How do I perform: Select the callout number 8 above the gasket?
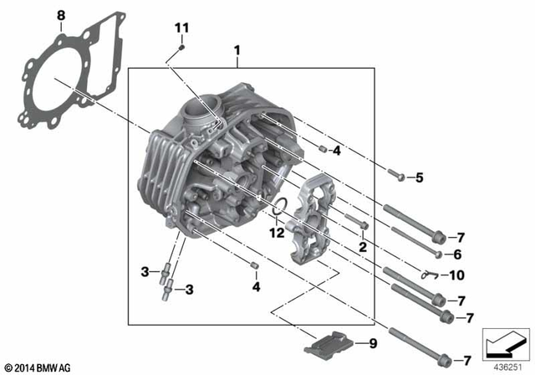[60, 15]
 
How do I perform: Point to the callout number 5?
[420, 177]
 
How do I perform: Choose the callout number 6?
[456, 254]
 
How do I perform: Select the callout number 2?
[363, 247]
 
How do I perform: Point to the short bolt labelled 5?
[396, 176]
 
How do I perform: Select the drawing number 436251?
[504, 366]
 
